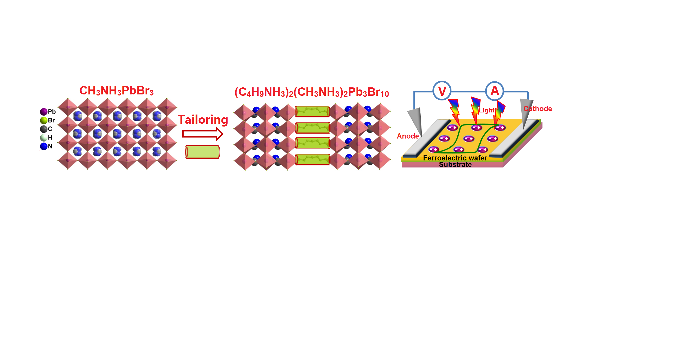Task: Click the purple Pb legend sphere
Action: (44, 111)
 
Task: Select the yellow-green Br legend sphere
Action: (44, 120)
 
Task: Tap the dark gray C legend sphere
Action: (44, 129)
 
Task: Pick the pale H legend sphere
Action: (44, 137)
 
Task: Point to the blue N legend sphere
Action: (44, 146)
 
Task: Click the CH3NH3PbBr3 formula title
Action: (116, 91)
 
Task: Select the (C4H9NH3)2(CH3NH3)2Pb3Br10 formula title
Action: (311, 92)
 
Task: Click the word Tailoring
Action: (203, 120)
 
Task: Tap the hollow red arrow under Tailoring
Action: (203, 134)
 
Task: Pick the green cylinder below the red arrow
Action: (202, 152)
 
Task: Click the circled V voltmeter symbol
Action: (442, 91)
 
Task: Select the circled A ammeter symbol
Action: (494, 91)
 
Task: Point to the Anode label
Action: (408, 136)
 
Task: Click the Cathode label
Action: (538, 109)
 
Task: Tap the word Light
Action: (486, 110)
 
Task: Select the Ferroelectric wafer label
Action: (455, 158)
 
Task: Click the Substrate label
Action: (455, 165)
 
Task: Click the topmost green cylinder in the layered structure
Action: (312, 111)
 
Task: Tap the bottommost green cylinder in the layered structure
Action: (312, 160)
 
